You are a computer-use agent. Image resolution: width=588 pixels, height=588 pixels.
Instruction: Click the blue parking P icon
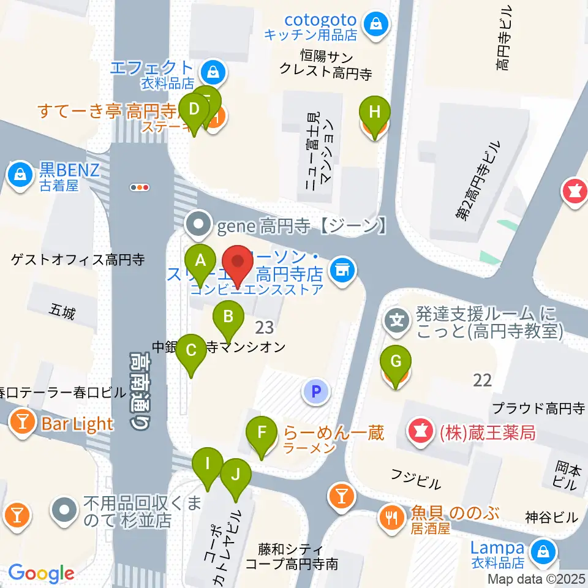pos(316,391)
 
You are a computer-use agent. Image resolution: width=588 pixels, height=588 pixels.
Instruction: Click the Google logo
pos(41,573)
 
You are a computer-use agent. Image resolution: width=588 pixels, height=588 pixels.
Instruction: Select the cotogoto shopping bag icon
pos(373,24)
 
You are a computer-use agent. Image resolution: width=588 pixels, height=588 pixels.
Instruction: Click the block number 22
pos(483,380)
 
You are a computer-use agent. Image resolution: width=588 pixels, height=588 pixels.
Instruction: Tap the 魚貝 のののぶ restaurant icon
pos(391,518)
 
